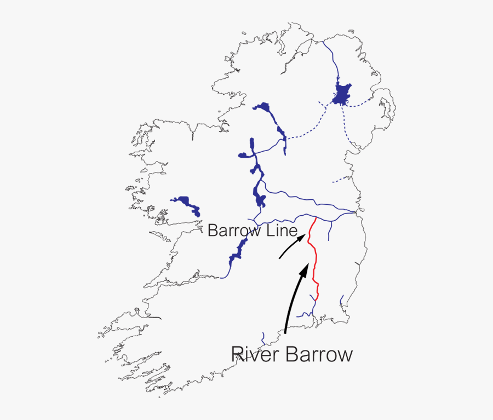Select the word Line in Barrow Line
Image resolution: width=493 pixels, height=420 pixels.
pos(282,231)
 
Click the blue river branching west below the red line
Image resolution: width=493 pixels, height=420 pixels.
pos(306,314)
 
